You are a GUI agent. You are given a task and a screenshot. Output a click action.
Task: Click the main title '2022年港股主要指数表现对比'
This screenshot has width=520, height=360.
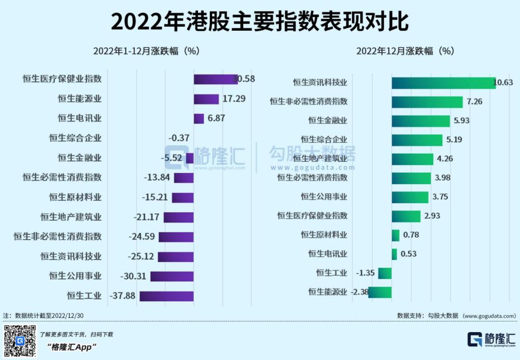click(260, 22)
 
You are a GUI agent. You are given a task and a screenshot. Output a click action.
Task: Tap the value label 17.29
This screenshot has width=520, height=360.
click(234, 99)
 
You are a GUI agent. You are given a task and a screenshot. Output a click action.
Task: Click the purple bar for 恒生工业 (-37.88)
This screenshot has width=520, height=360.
click(167, 296)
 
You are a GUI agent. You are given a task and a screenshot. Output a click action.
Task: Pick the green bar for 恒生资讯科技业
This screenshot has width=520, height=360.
click(443, 83)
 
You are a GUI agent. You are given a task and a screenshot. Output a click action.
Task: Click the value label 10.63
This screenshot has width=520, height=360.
click(503, 83)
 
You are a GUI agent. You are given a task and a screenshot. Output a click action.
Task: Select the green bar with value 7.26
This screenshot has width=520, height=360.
click(427, 102)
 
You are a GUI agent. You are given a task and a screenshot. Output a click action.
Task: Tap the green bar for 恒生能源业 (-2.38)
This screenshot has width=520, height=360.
click(380, 292)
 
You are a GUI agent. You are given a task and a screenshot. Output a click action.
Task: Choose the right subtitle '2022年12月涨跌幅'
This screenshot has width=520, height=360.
click(405, 51)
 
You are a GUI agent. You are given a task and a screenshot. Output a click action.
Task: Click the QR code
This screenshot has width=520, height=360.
click(20, 341)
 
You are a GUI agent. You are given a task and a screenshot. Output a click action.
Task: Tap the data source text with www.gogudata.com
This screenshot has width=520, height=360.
click(456, 316)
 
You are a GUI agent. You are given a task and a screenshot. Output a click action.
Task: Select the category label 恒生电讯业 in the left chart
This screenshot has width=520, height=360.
click(79, 118)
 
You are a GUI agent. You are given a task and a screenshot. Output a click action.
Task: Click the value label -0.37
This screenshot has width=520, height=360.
click(179, 138)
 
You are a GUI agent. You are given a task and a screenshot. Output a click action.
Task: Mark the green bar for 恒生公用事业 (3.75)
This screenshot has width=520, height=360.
click(410, 197)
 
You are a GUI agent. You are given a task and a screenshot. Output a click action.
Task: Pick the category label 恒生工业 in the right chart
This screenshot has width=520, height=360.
click(331, 273)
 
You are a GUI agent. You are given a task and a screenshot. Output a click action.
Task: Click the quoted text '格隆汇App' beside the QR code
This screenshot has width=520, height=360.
click(72, 347)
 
